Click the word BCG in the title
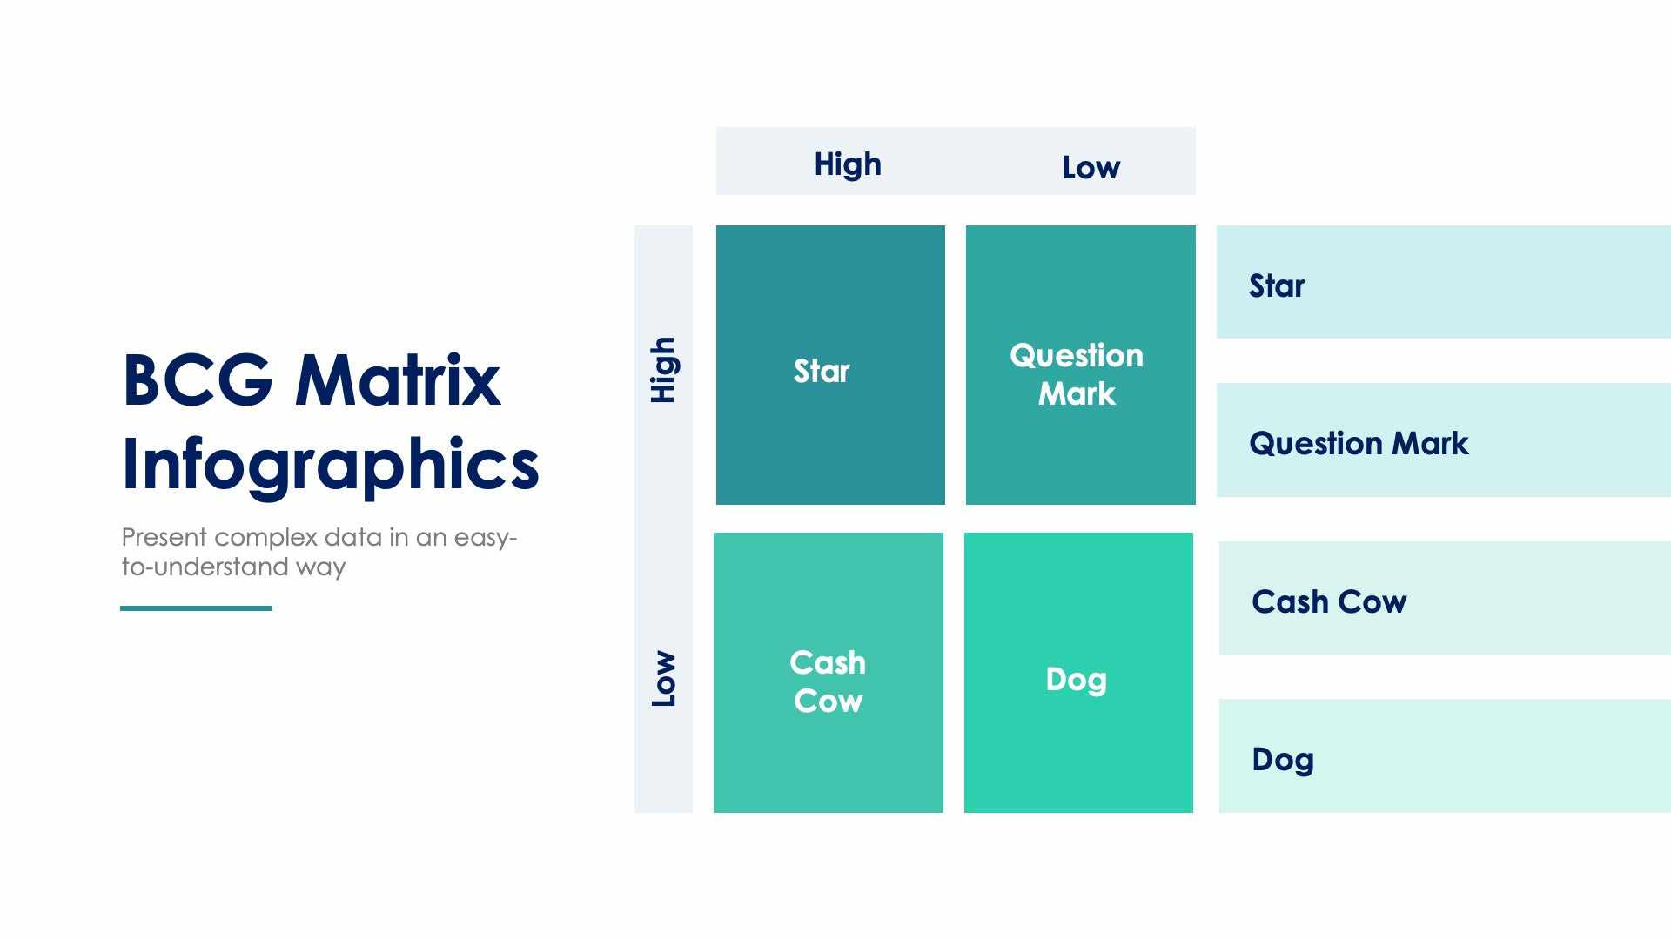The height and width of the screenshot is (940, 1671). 198,381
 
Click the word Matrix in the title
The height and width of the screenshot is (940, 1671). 398,381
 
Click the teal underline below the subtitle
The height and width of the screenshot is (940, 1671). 196,608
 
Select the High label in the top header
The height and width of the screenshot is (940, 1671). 848,164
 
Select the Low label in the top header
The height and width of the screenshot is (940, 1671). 1091,167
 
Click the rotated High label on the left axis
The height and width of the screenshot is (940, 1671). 663,370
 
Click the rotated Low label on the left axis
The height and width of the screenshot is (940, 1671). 663,679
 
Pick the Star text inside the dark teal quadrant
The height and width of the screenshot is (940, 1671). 821,372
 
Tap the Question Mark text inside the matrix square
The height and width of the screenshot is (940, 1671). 1077,374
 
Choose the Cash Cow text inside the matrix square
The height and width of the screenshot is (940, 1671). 828,681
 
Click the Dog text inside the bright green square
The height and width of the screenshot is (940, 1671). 1077,680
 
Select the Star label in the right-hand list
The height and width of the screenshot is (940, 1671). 1277,286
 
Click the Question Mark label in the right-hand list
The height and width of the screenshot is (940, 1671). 1359,444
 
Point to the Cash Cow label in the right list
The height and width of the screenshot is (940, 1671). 1329,602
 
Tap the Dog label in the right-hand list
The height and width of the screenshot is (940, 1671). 1283,760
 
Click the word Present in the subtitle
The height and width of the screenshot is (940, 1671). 164,537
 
